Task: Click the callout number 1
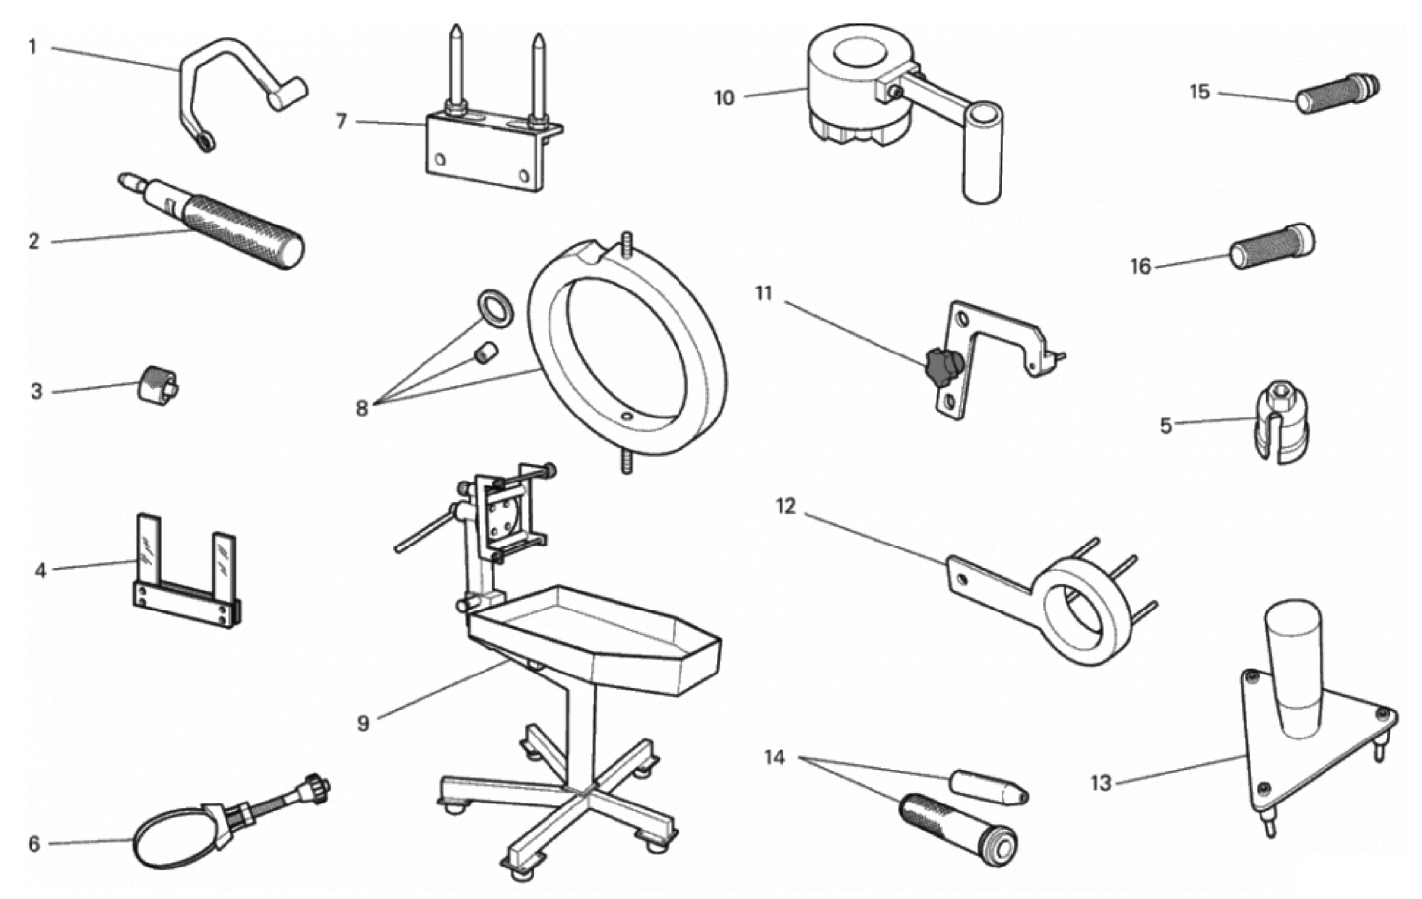click(32, 46)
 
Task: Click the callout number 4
click(40, 569)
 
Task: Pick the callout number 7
click(342, 121)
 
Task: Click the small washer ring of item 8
click(494, 307)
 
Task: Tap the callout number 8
click(362, 407)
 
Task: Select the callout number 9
click(363, 724)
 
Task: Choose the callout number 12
click(785, 506)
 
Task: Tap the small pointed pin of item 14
click(987, 786)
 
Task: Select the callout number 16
click(1140, 266)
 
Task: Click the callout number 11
click(764, 292)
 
